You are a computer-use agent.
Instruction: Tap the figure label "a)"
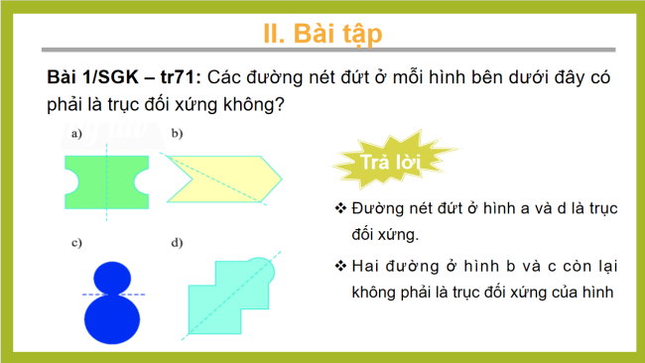(x=75, y=132)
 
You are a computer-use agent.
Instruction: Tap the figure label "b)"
(x=176, y=132)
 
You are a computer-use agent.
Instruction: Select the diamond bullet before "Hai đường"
(x=340, y=265)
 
